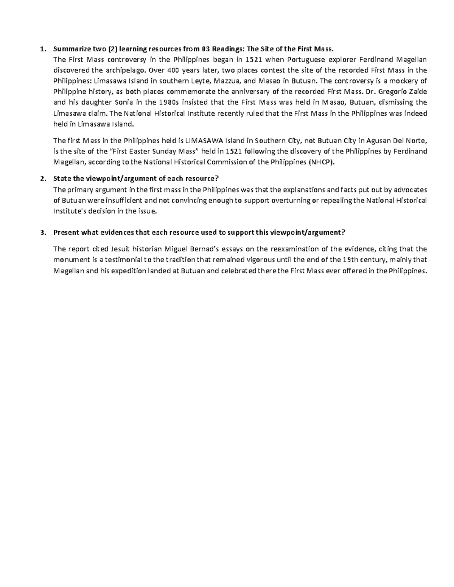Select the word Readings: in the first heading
pos(228,49)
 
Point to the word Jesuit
pos(122,249)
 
